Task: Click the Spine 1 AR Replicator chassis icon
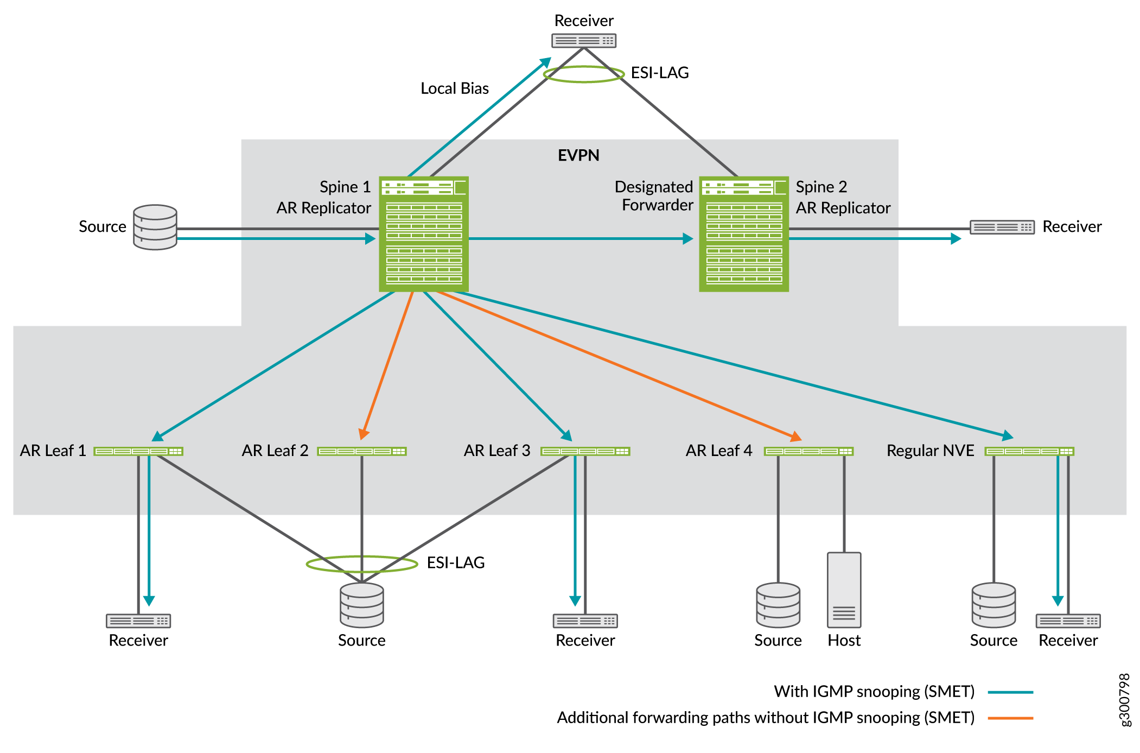click(423, 234)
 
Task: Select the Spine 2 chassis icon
click(743, 234)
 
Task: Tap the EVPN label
click(578, 155)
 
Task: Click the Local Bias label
click(454, 88)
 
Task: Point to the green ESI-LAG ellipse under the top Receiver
click(583, 81)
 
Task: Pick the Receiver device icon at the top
click(584, 41)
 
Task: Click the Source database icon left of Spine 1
click(155, 227)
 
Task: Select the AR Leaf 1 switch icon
click(138, 451)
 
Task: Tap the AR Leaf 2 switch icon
click(362, 451)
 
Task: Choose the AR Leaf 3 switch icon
click(585, 451)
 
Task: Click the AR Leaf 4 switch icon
click(808, 451)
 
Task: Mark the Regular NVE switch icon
click(1029, 451)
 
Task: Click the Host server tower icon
click(844, 590)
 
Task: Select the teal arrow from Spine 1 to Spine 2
click(581, 238)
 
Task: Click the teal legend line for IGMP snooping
click(1010, 692)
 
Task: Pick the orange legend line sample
click(1010, 718)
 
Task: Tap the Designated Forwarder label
click(654, 196)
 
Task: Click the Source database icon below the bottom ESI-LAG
click(362, 605)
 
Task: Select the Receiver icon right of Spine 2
click(1002, 227)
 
